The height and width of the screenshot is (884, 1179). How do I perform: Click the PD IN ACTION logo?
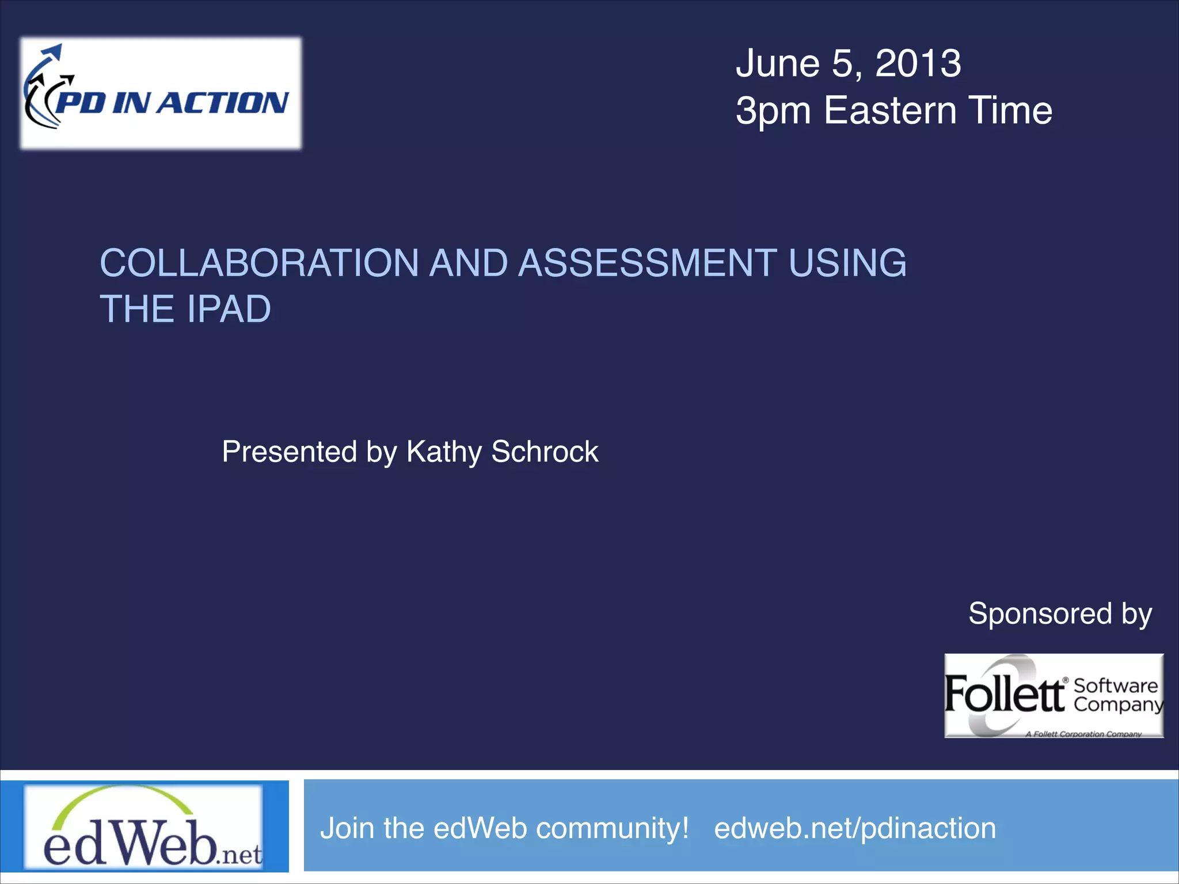pyautogui.click(x=161, y=93)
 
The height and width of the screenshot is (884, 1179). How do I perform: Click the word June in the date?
pyautogui.click(x=778, y=63)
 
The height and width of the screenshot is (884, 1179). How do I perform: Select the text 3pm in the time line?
pyautogui.click(x=773, y=112)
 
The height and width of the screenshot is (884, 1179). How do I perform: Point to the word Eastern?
pyautogui.click(x=890, y=110)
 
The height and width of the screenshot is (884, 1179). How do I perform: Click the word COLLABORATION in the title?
pyautogui.click(x=259, y=264)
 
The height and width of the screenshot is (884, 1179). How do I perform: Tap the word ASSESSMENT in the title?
pyautogui.click(x=648, y=264)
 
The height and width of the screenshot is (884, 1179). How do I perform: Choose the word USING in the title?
pyautogui.click(x=847, y=264)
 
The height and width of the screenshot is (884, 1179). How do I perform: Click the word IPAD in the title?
pyautogui.click(x=229, y=310)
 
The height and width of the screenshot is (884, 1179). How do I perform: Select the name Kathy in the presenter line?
pyautogui.click(x=444, y=452)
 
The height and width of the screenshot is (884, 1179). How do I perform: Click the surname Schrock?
pyautogui.click(x=545, y=452)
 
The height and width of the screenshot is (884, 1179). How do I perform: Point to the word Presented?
pyautogui.click(x=289, y=452)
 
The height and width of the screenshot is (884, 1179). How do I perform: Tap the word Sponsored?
pyautogui.click(x=1040, y=614)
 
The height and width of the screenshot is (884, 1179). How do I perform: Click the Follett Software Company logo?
pyautogui.click(x=1054, y=696)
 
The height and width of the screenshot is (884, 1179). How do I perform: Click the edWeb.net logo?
pyautogui.click(x=144, y=826)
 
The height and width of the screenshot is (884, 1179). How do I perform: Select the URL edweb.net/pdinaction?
pyautogui.click(x=855, y=829)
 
